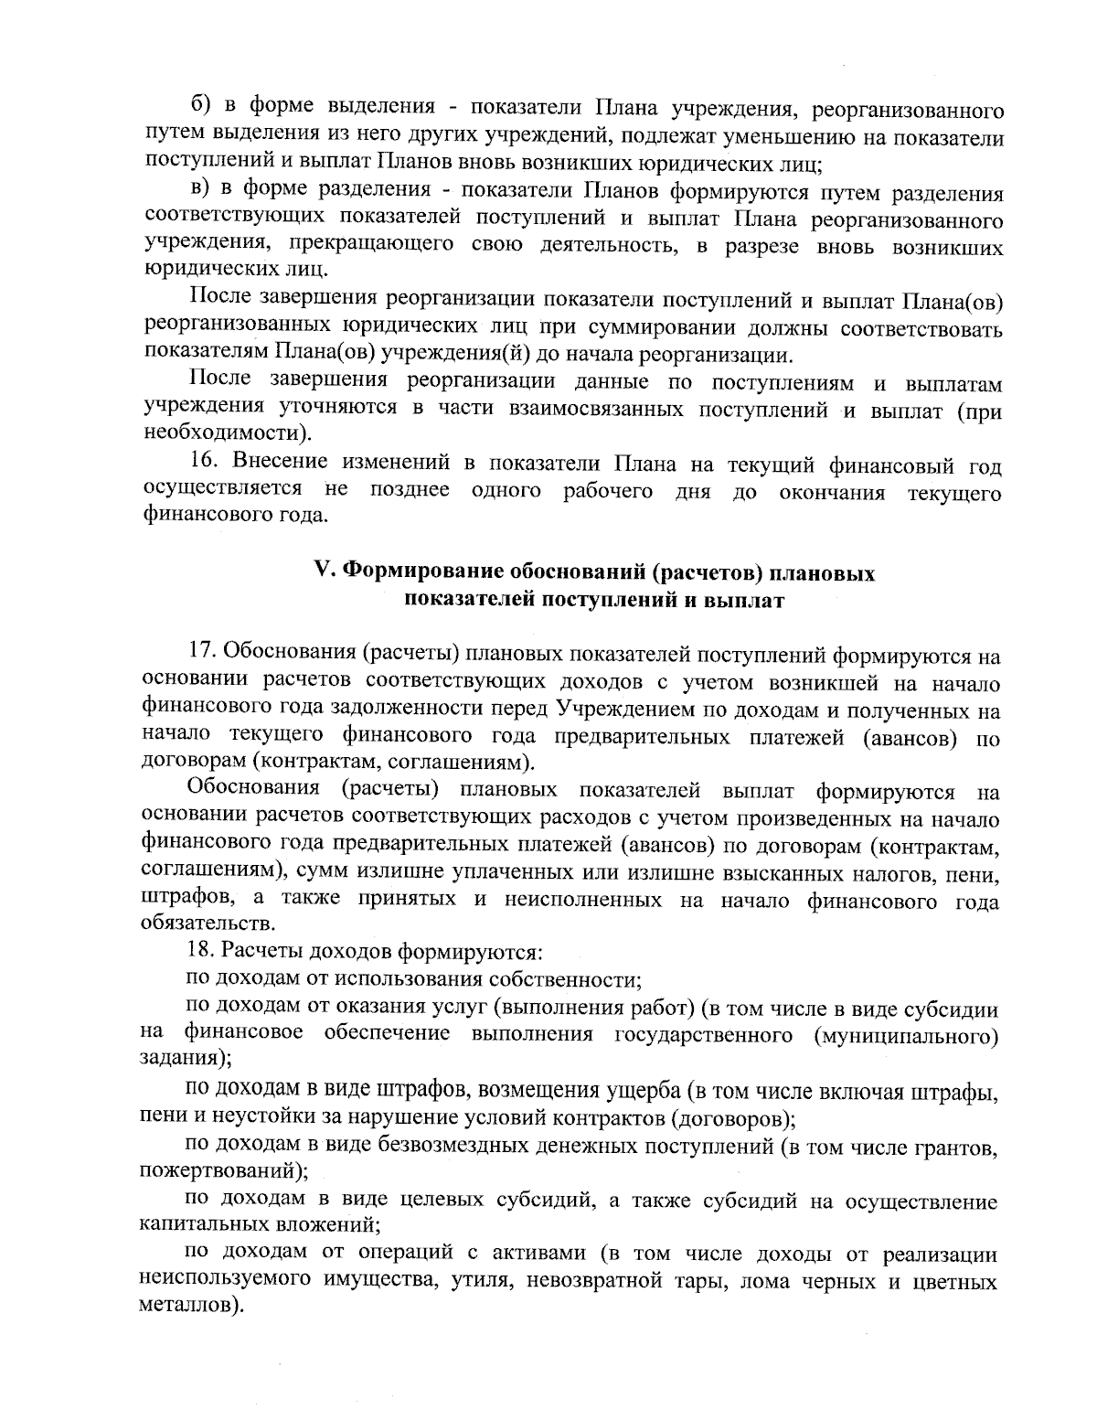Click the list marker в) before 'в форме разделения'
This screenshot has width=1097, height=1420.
point(200,192)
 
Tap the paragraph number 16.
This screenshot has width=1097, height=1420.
point(203,466)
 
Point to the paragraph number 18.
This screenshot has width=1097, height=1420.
point(203,952)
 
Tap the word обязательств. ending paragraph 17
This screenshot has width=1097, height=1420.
point(207,925)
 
